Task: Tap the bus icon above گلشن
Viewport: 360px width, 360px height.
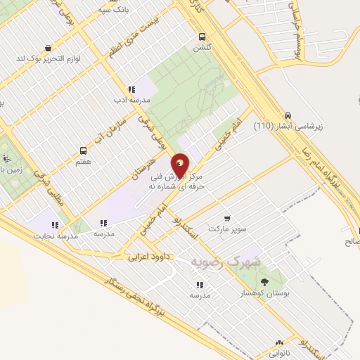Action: click(202, 37)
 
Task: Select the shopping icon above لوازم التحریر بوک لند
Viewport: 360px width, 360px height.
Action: click(47, 48)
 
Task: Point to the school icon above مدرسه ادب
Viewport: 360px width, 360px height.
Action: click(130, 89)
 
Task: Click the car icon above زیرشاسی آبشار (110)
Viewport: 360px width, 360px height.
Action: click(288, 116)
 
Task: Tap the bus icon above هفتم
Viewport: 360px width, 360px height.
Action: click(84, 150)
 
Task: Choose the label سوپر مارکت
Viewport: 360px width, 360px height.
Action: click(227, 231)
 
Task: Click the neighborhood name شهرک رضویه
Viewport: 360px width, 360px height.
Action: click(225, 261)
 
